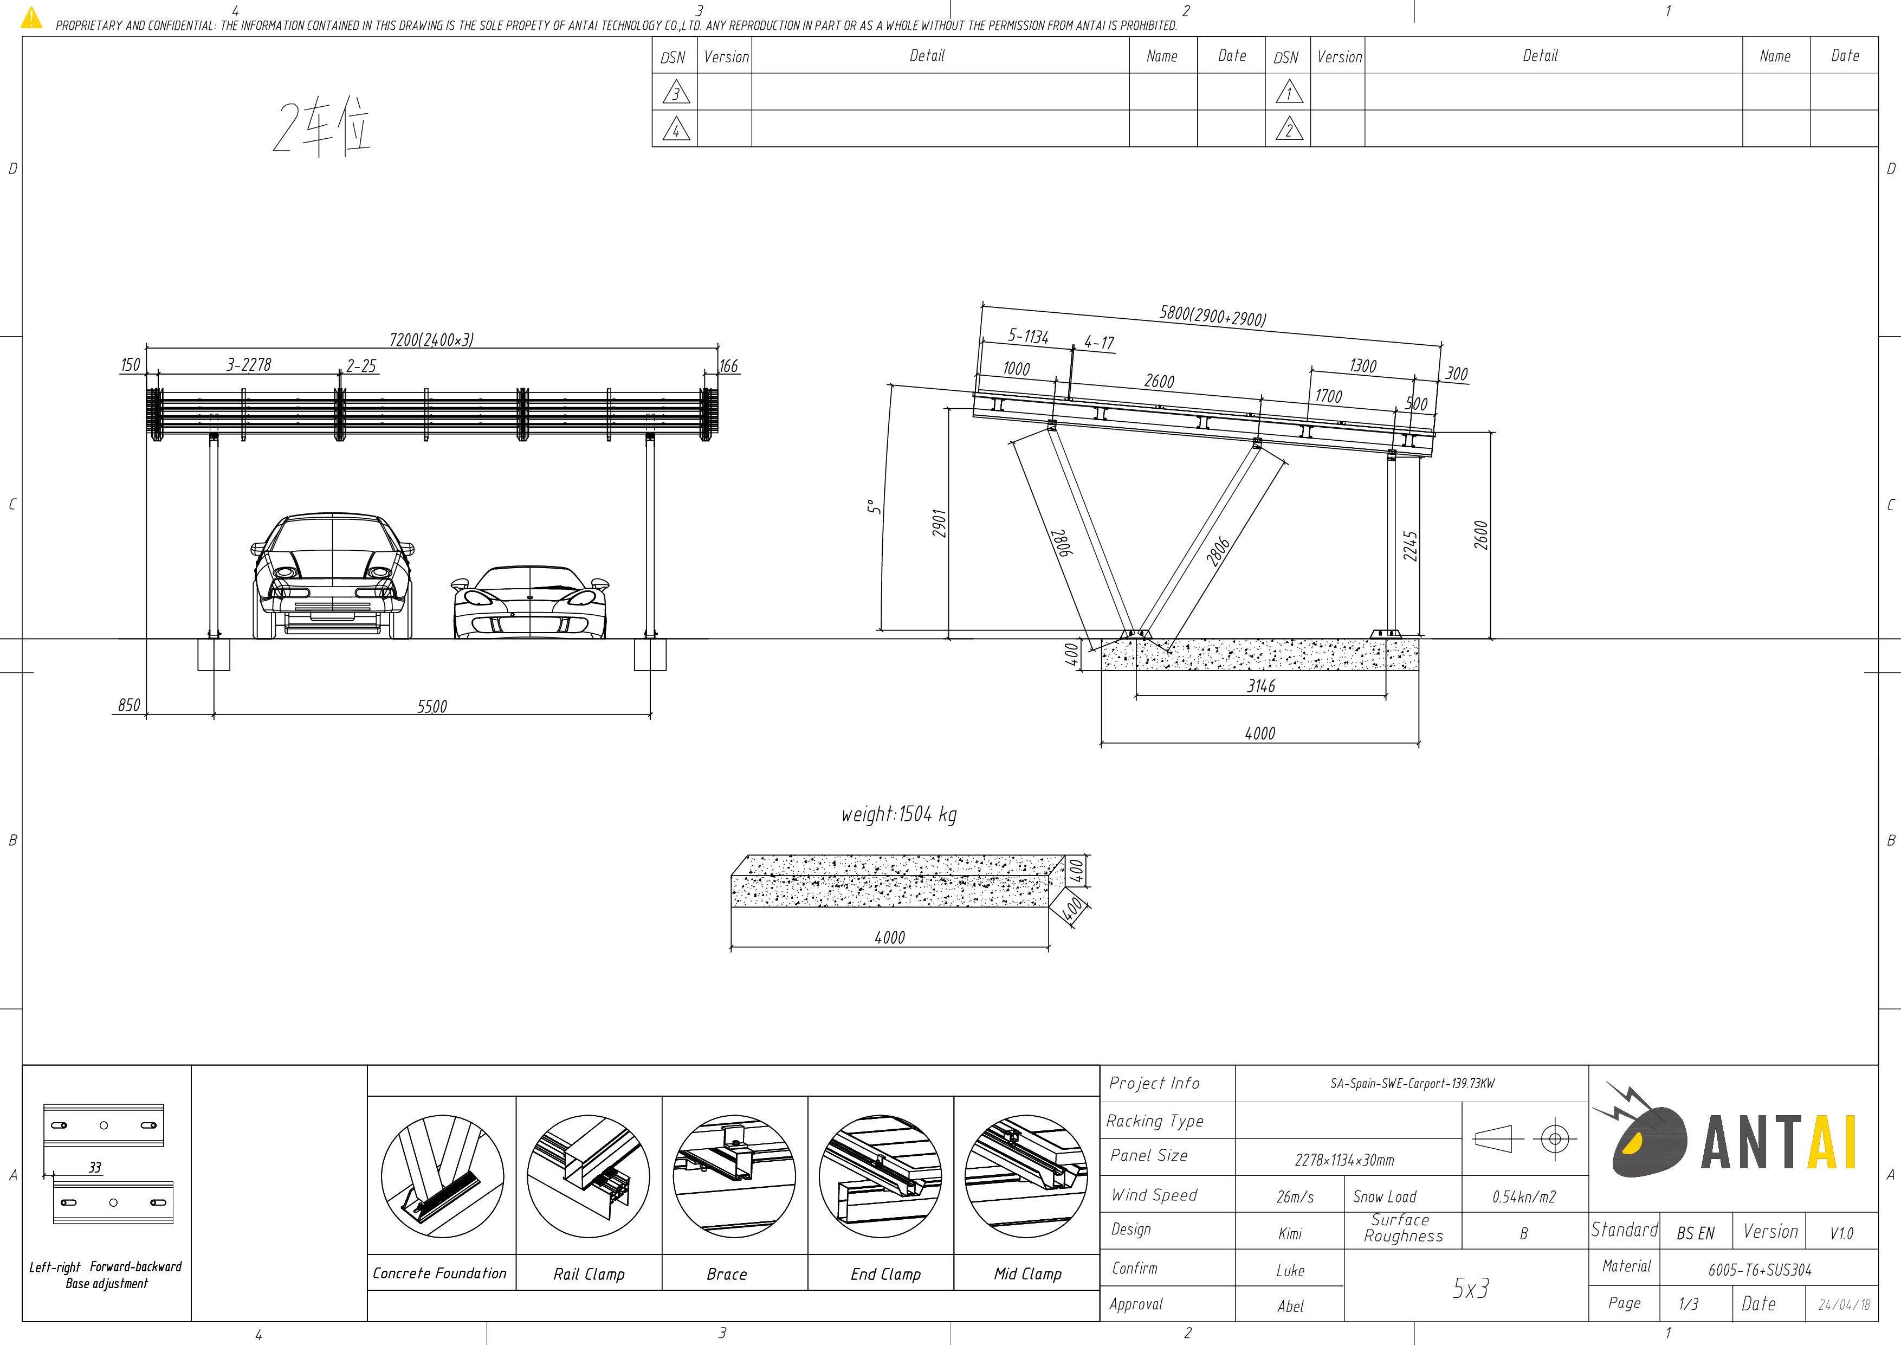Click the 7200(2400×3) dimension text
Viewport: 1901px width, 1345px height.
431,339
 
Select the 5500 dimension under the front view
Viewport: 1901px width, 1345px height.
431,706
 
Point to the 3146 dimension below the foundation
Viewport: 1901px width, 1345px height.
1261,686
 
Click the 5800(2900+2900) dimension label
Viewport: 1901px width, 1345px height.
1212,316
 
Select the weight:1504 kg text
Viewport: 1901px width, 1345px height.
899,815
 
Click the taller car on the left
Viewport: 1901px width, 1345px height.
332,576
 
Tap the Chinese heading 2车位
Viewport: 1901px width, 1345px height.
321,128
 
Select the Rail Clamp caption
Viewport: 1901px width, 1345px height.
589,1274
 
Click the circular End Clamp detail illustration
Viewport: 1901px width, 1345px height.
880,1176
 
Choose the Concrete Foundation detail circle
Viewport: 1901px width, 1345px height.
442,1176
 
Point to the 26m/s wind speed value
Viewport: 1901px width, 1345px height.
1295,1197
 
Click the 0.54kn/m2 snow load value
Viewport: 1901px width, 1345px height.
1523,1197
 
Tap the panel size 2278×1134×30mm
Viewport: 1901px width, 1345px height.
1344,1160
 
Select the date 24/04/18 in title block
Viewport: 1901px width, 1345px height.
1844,1304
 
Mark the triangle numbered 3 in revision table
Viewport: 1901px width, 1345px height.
676,93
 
